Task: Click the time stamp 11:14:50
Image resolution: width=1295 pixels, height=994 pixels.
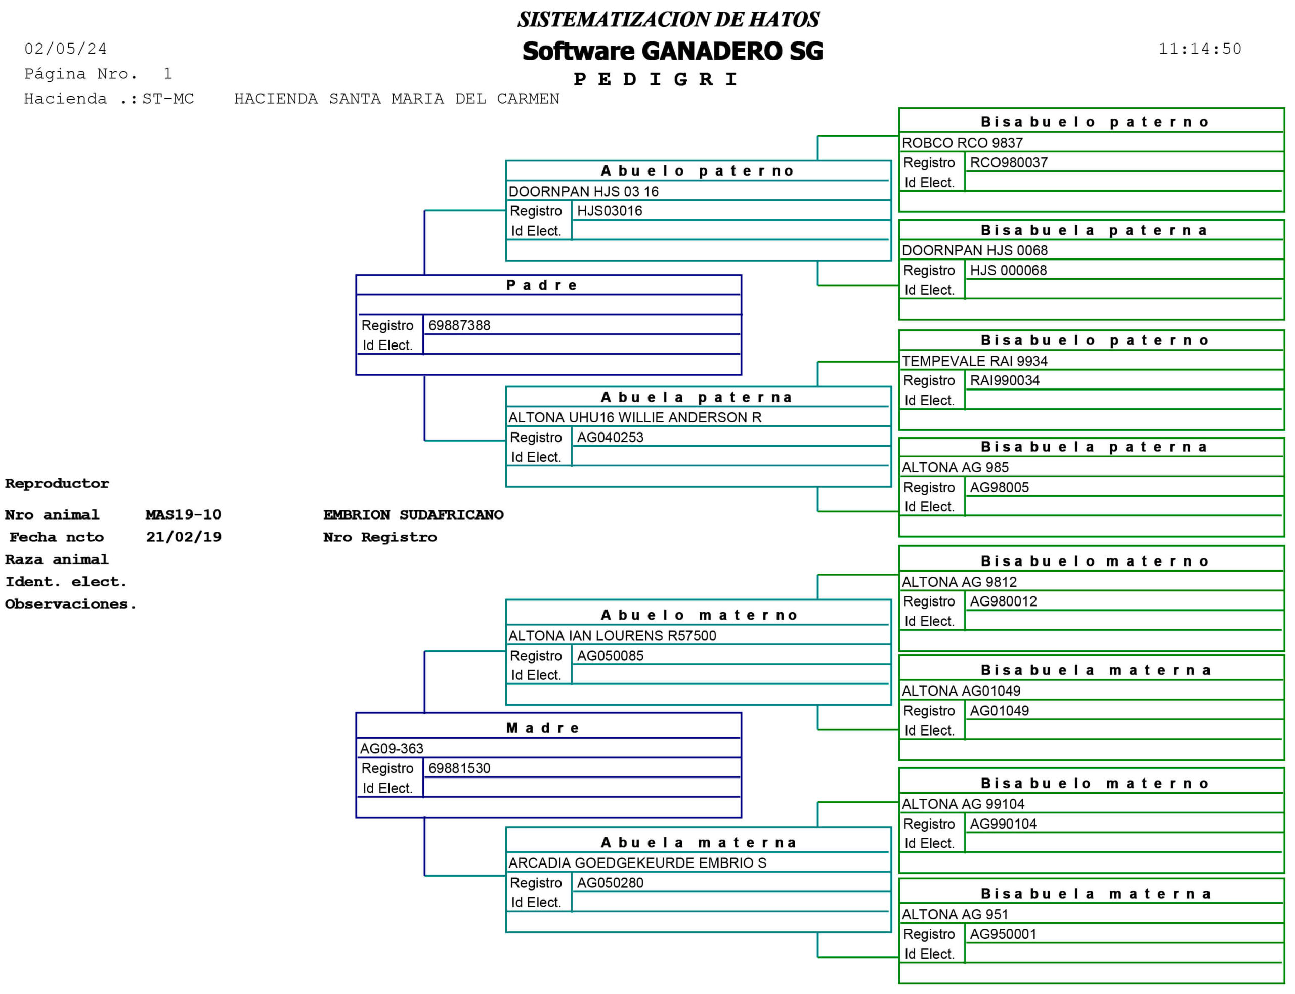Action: (1199, 49)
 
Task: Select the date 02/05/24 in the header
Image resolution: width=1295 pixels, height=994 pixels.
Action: (66, 49)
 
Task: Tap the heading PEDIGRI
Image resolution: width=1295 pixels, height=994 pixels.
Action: (656, 79)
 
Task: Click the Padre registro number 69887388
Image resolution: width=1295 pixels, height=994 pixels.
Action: (459, 325)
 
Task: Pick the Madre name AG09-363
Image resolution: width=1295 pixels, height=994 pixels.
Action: (392, 749)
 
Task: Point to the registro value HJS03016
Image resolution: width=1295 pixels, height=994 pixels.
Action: (610, 211)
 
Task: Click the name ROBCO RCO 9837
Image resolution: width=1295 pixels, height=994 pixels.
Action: (962, 143)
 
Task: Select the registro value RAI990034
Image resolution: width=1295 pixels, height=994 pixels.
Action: (1005, 380)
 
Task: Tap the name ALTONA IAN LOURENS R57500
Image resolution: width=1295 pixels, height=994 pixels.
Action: (612, 636)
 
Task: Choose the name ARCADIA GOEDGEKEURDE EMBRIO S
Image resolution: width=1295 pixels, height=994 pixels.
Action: (637, 863)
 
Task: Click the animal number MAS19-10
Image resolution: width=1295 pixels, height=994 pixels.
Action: (184, 515)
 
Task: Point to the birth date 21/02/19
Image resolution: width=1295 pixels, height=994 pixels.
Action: (184, 537)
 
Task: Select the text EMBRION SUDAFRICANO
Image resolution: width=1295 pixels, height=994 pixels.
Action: (413, 515)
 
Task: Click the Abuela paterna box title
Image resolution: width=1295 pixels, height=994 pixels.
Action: (697, 398)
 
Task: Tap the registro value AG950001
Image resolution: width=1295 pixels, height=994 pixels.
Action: (1003, 934)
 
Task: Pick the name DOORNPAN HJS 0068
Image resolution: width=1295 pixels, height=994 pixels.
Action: (974, 251)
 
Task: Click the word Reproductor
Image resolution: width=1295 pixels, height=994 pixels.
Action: (57, 484)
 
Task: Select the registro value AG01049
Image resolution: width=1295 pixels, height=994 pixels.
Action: (999, 711)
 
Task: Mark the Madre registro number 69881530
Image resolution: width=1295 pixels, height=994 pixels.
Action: (459, 768)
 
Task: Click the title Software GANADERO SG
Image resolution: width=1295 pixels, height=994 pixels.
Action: (672, 52)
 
